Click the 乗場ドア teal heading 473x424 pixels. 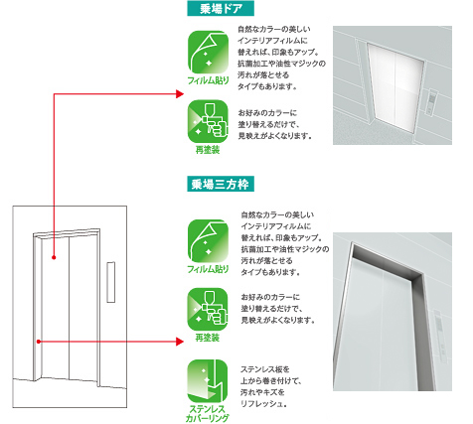point(221,8)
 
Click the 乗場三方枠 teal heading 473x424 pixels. point(221,184)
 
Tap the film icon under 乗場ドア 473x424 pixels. point(208,52)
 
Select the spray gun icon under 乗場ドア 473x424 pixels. point(208,121)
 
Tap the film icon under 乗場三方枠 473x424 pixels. point(208,240)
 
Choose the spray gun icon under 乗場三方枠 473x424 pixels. point(208,310)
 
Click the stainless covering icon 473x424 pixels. point(208,381)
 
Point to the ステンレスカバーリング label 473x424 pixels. point(208,413)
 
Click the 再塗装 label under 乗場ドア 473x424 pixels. point(208,150)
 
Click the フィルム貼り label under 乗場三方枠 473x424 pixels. point(208,269)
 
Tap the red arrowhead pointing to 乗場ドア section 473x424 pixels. point(180,94)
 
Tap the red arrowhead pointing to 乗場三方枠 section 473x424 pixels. point(180,342)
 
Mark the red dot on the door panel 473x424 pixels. point(54,257)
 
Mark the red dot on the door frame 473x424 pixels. point(39,342)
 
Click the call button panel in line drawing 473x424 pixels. point(111,282)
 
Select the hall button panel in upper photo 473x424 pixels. point(432,102)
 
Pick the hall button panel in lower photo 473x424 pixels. point(439,335)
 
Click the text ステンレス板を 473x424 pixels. point(265,369)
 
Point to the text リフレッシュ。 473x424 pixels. point(263,404)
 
